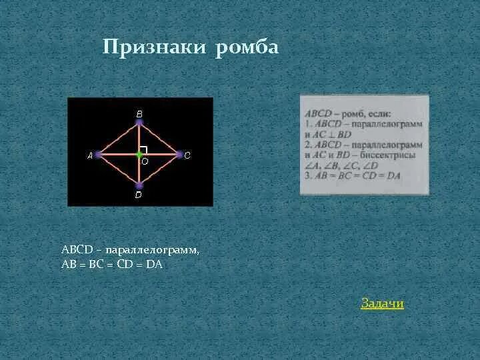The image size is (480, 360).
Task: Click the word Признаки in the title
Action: [x=155, y=48]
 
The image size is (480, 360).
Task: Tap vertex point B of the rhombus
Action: [x=139, y=123]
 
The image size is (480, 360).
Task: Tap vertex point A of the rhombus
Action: [x=98, y=155]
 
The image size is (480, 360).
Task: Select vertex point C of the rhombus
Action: [x=179, y=155]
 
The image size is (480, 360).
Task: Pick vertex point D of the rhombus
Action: [x=139, y=185]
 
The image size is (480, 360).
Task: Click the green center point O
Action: [x=139, y=155]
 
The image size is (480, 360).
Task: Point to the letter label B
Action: [x=139, y=114]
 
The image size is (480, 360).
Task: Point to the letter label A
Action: [x=90, y=155]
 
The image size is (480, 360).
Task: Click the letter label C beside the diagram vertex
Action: [x=187, y=155]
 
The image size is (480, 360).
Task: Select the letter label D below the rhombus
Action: [x=138, y=195]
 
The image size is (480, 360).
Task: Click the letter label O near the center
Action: [x=145, y=161]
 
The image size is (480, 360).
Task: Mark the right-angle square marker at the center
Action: [x=143, y=150]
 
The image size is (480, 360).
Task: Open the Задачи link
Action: [x=382, y=304]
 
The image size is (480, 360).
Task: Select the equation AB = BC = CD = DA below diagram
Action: [x=112, y=264]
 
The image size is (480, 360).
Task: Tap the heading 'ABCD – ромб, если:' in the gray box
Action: [x=347, y=114]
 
